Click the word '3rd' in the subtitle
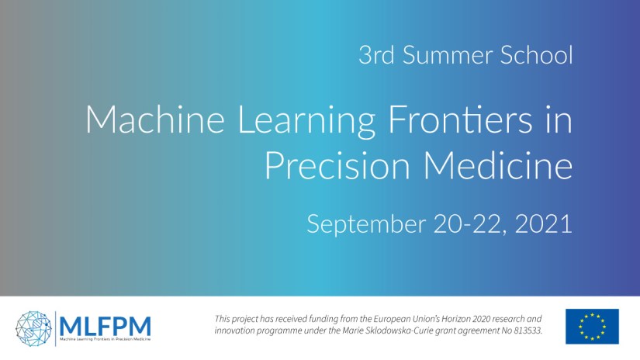coord(375,56)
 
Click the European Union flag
coord(592,326)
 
